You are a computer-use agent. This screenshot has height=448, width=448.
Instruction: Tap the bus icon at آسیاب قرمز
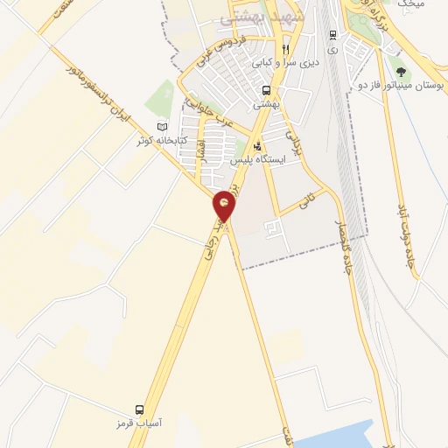point(139,409)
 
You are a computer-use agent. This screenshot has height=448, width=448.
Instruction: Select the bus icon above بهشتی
point(266,90)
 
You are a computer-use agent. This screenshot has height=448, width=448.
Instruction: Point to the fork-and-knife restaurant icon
point(284,49)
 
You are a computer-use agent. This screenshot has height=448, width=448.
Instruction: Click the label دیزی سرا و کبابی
point(283,63)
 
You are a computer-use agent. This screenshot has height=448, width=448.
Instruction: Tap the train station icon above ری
point(332,35)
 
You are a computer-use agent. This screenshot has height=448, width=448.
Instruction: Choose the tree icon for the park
point(401,73)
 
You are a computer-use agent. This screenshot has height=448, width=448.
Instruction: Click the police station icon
point(256,147)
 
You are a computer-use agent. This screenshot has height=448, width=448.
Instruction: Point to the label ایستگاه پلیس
point(256,161)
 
